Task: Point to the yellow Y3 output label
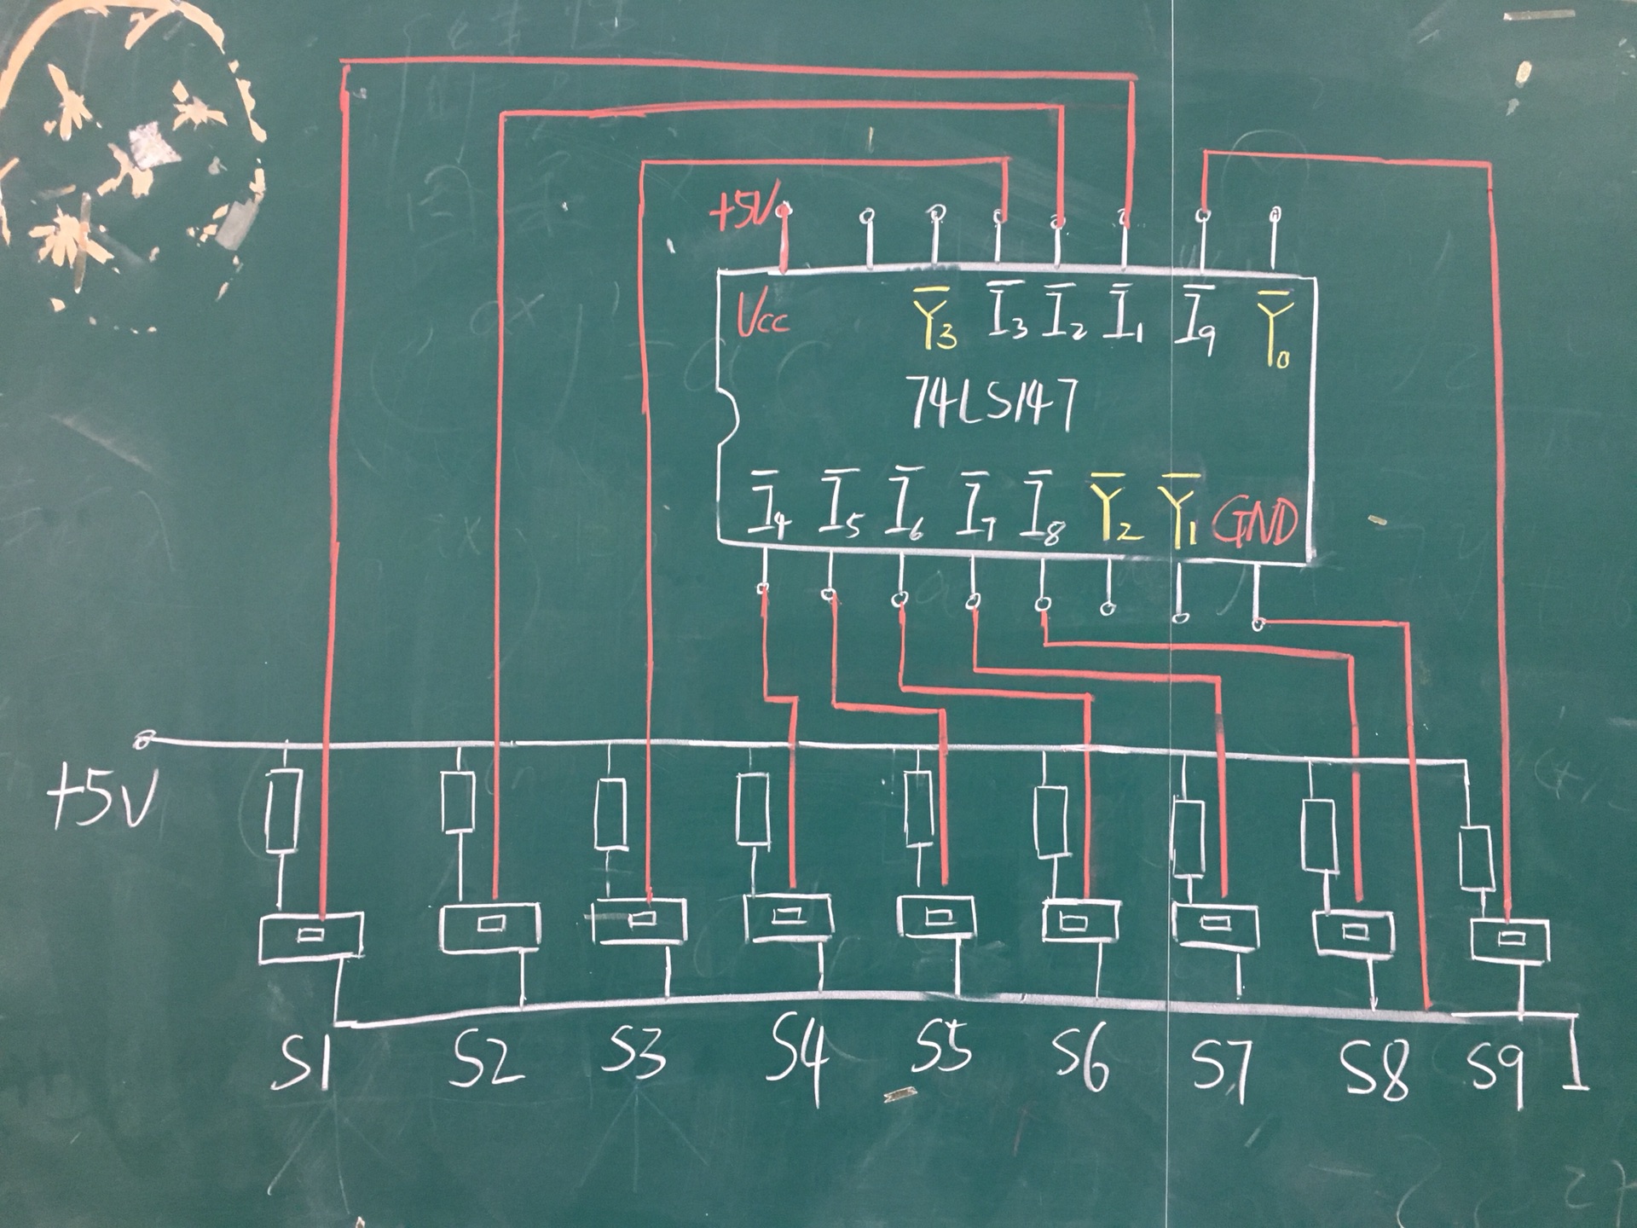point(934,318)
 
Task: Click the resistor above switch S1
point(283,810)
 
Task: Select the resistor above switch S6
point(1050,821)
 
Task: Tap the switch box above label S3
point(639,920)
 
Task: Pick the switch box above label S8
point(1353,934)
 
